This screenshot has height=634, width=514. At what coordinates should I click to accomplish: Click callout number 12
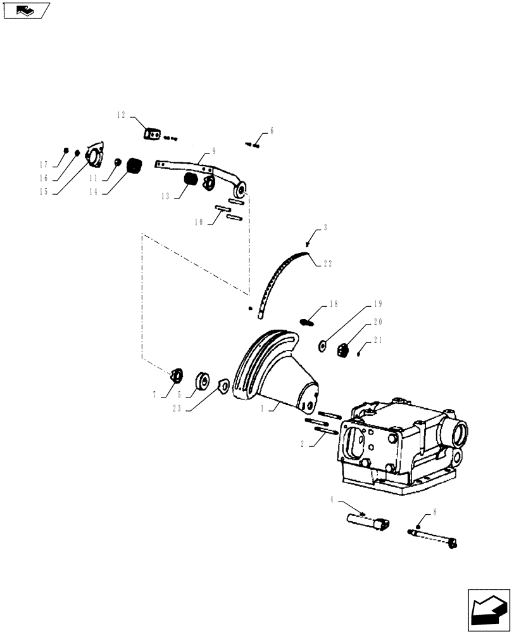click(122, 115)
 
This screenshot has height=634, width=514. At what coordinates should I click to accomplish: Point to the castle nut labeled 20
click(345, 349)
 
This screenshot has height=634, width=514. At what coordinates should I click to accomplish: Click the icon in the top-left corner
click(26, 10)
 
